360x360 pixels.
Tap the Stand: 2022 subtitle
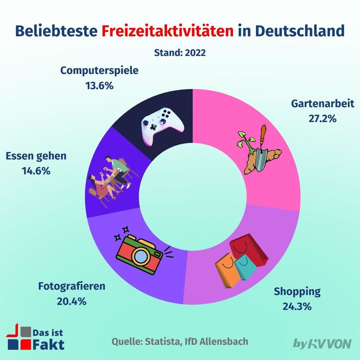(x=180, y=52)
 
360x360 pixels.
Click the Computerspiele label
(x=99, y=70)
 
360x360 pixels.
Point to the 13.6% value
(x=99, y=85)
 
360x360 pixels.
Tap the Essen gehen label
(x=36, y=155)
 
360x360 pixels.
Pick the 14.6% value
(x=36, y=170)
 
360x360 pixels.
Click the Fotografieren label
(x=72, y=286)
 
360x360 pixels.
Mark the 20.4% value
(x=72, y=301)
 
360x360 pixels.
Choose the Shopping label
(x=297, y=291)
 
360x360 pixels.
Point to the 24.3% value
(x=297, y=306)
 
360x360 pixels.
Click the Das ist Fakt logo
(x=35, y=338)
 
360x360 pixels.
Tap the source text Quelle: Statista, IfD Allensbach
(x=179, y=342)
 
